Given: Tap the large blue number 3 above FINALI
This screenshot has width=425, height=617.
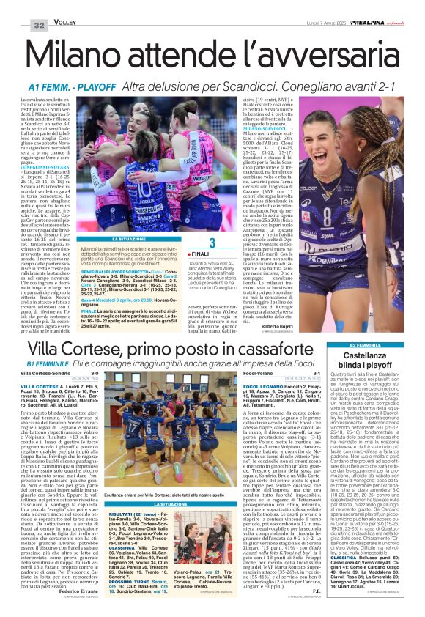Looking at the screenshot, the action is pos(211,243).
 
